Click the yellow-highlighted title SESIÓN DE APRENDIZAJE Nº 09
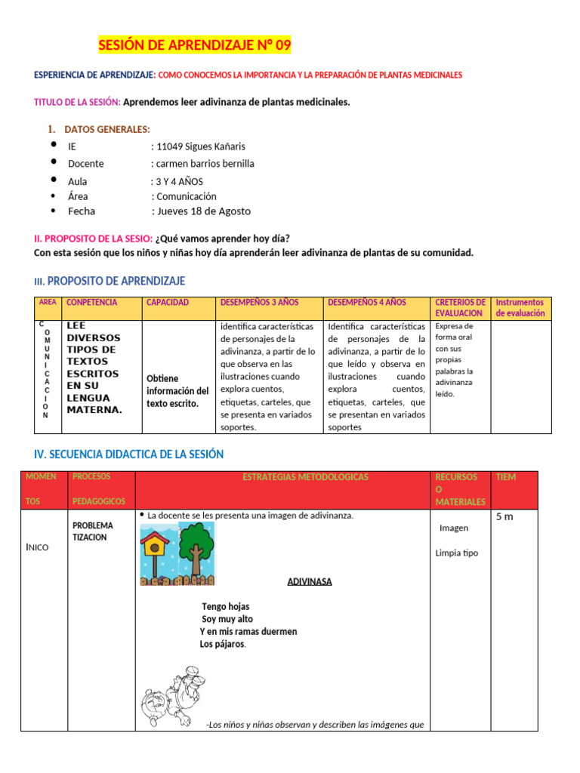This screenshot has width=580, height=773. pyautogui.click(x=194, y=47)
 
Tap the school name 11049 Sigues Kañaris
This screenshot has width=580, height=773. pyautogui.click(x=199, y=146)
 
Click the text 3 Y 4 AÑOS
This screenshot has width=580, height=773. pyautogui.click(x=178, y=181)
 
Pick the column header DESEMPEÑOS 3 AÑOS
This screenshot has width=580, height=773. pyautogui.click(x=259, y=303)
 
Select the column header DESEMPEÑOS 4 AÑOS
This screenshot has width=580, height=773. pyautogui.click(x=367, y=303)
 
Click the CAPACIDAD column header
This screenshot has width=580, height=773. pyautogui.click(x=168, y=303)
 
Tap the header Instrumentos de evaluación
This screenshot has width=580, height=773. pyautogui.click(x=520, y=307)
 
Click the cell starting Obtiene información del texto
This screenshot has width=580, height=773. pyautogui.click(x=177, y=390)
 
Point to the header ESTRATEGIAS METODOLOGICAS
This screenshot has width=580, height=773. pyautogui.click(x=305, y=477)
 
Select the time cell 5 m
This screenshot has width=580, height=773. pyautogui.click(x=504, y=517)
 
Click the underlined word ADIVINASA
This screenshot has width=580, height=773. pyautogui.click(x=309, y=581)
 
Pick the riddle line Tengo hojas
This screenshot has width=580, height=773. pyautogui.click(x=225, y=606)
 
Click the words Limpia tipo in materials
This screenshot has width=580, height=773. pyautogui.click(x=456, y=553)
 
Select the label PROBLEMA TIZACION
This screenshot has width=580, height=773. pyautogui.click(x=93, y=531)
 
